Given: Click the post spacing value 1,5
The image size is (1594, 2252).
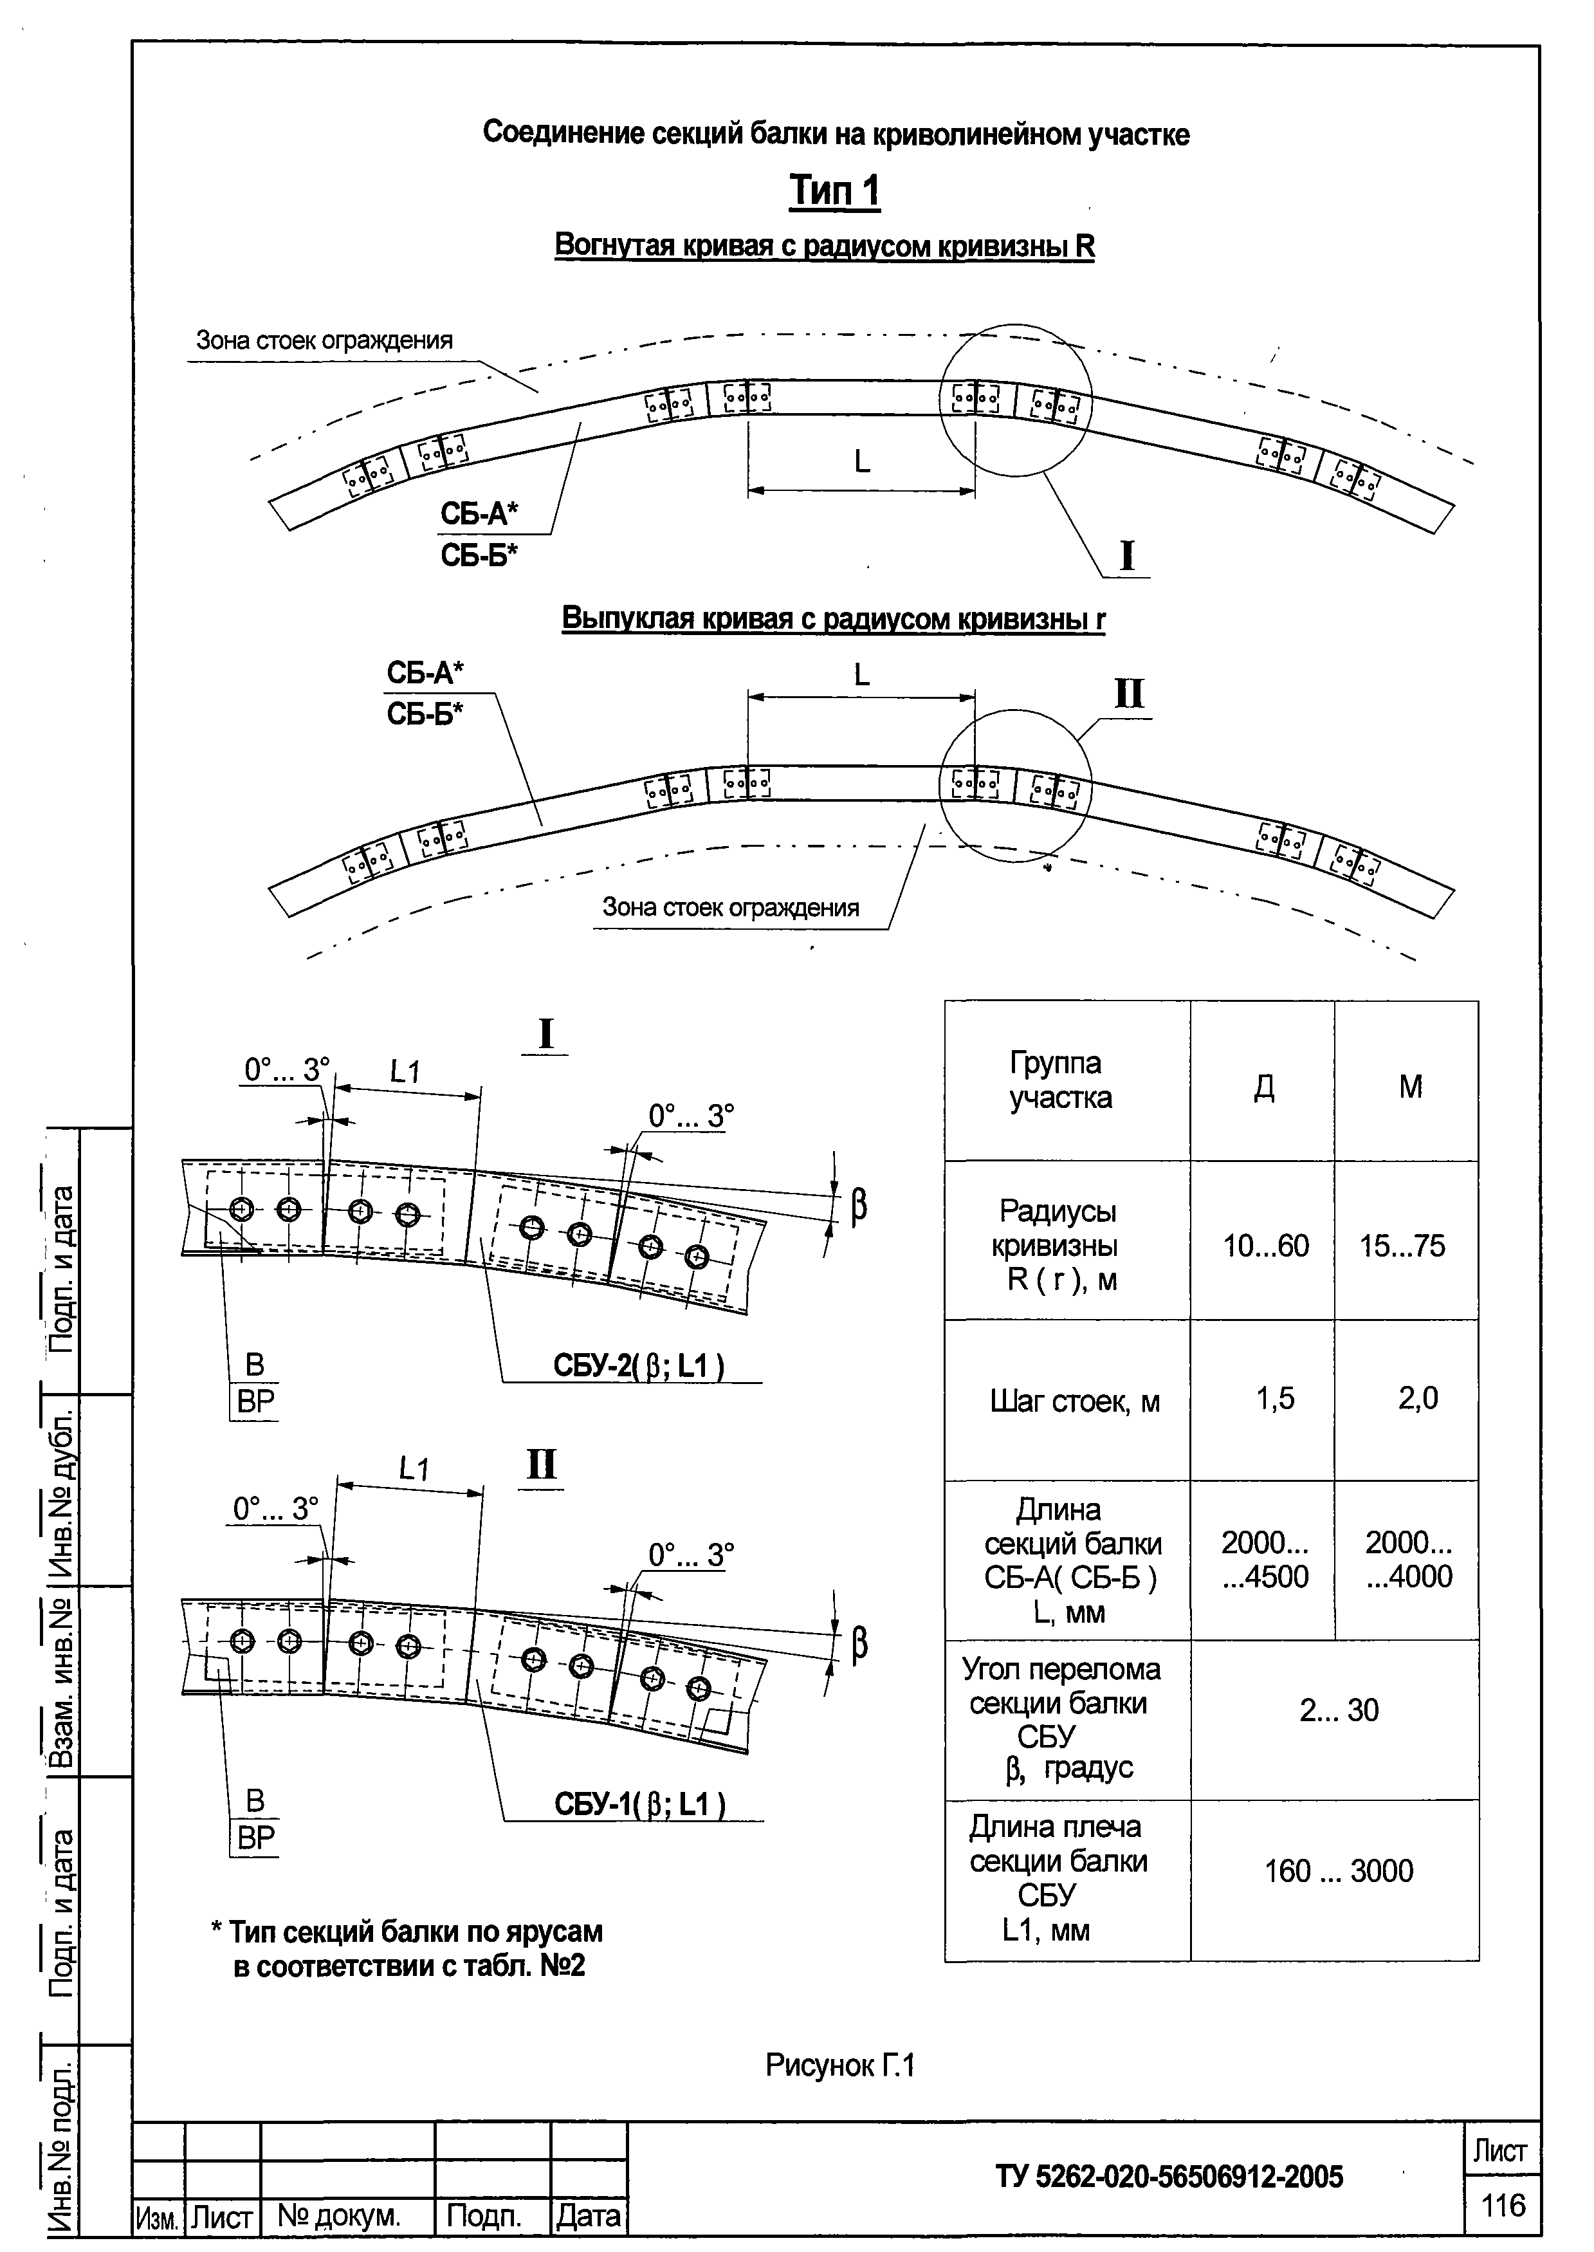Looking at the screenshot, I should [x=1275, y=1398].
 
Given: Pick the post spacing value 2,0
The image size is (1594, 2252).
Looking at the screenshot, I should [x=1417, y=1398].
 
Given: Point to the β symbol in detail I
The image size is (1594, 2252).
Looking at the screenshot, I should [x=859, y=1206].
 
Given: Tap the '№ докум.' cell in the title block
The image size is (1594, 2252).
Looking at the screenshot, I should [x=338, y=2216].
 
